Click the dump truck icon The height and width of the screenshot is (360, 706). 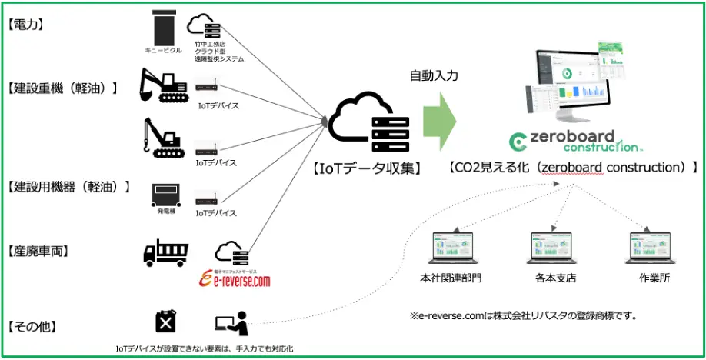point(165,252)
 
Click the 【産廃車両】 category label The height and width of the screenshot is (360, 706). point(37,251)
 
